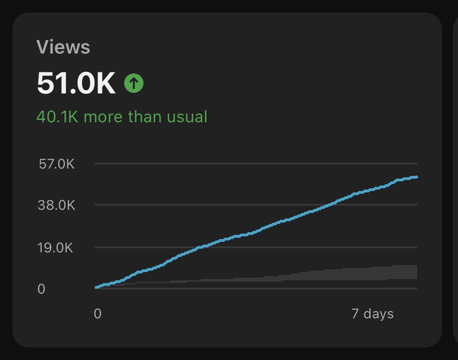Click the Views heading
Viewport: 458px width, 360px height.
(x=63, y=47)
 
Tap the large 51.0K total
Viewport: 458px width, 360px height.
(x=76, y=83)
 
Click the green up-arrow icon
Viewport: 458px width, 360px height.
(x=134, y=83)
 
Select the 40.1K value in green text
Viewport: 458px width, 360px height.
(x=58, y=117)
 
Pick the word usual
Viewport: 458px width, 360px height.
(x=187, y=117)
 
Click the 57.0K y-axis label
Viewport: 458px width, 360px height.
(x=57, y=164)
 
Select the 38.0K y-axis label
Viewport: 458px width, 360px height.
(x=57, y=205)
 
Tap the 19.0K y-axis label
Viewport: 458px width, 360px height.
(x=57, y=248)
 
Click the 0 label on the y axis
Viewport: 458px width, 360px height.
(x=41, y=289)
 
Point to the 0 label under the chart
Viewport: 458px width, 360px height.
(x=97, y=314)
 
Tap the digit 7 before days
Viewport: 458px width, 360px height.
(x=356, y=314)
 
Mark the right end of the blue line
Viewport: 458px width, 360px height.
(x=416, y=177)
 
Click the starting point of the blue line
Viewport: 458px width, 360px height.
(x=96, y=288)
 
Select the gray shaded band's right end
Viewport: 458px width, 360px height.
(x=416, y=272)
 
